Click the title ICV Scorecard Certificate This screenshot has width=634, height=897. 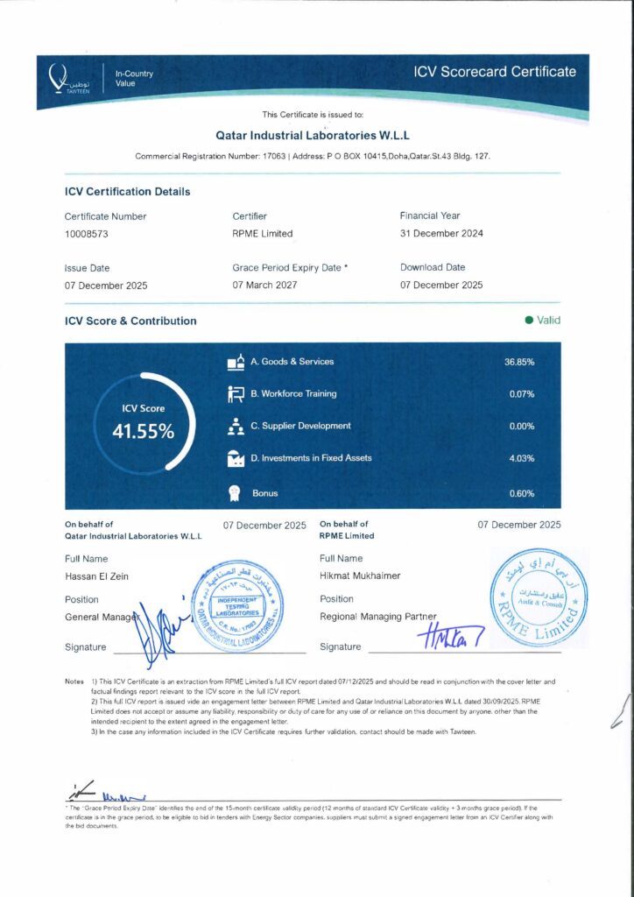point(495,72)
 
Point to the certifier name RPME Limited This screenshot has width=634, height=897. point(263,234)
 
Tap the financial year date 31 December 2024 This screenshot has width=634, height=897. point(441,233)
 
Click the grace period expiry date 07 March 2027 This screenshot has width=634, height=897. point(264,286)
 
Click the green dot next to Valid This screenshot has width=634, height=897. point(529,321)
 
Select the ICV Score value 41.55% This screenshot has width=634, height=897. point(144,431)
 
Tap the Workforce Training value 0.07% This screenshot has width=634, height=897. point(521,394)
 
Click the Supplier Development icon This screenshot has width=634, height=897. point(235,427)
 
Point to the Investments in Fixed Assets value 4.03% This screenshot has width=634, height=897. point(521,458)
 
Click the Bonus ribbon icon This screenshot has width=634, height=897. point(235,493)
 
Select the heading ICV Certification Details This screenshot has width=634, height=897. point(127,191)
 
